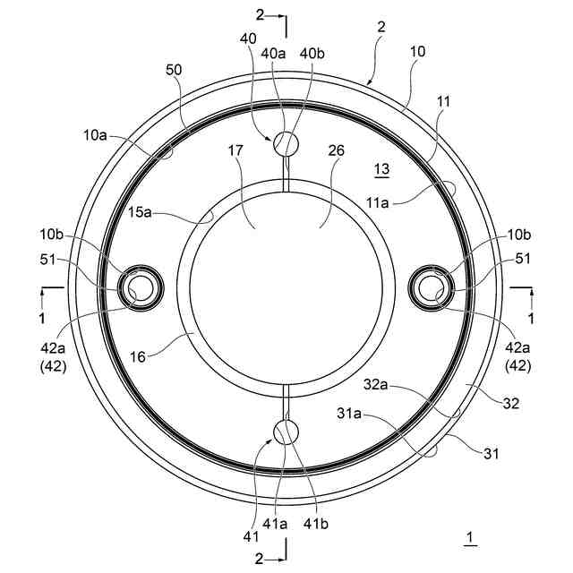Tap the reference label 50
click(174, 70)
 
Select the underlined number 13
click(382, 169)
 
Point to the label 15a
click(140, 212)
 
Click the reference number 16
click(138, 357)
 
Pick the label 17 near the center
click(235, 150)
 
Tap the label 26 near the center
click(337, 150)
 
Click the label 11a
click(378, 202)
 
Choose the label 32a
click(375, 384)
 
